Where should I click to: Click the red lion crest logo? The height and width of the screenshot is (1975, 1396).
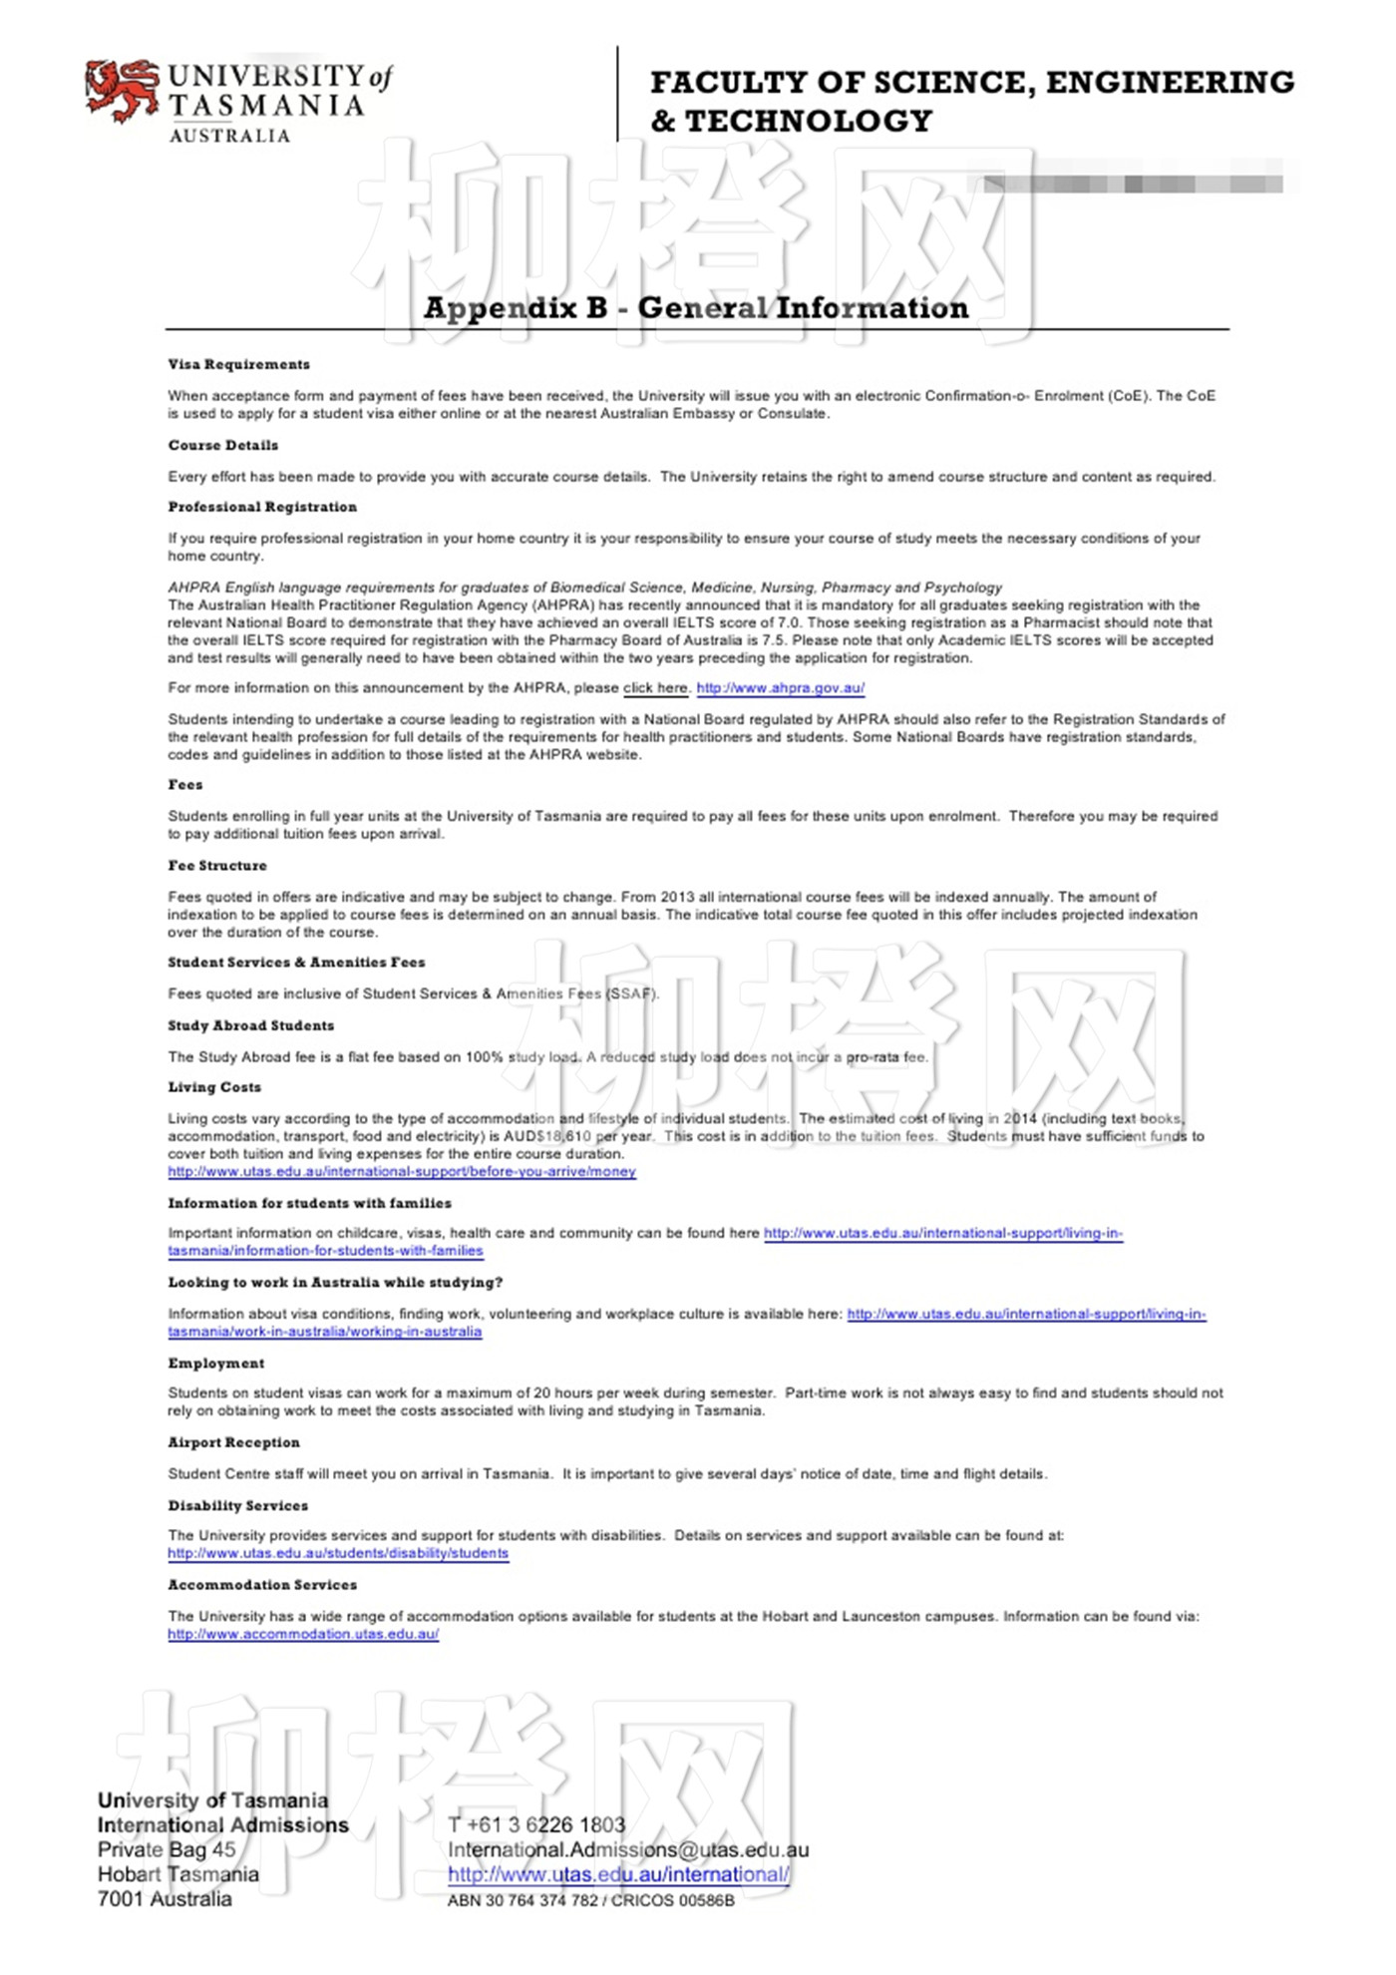[122, 92]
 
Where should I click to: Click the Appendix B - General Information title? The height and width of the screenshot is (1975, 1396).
[695, 308]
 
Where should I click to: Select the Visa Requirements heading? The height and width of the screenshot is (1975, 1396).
[238, 364]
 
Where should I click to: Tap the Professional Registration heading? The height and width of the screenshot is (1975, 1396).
[262, 507]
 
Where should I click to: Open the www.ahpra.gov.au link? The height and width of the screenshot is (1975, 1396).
[780, 688]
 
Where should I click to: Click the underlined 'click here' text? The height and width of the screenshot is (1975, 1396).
[655, 688]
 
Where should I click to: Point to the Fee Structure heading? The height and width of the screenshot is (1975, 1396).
[217, 866]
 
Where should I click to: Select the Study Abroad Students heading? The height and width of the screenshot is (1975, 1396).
[251, 1025]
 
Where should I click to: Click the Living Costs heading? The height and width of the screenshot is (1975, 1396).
[214, 1087]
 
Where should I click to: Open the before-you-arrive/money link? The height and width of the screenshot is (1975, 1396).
[402, 1172]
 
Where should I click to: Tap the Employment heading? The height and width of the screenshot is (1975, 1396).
[216, 1364]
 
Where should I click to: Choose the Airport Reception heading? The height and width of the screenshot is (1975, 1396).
[233, 1442]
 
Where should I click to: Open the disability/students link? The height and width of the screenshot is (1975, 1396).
[338, 1554]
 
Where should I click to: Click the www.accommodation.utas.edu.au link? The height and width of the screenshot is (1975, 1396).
[303, 1635]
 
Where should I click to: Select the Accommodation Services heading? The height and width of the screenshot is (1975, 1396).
[262, 1585]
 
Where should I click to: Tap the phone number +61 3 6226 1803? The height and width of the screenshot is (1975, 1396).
[536, 1825]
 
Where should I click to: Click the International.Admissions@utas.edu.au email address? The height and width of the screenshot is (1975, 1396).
[628, 1850]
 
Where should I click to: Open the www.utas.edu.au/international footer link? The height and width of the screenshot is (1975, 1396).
[618, 1875]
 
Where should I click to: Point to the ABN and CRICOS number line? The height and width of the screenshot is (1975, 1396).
[590, 1901]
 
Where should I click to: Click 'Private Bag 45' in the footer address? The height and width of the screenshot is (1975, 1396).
[167, 1850]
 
